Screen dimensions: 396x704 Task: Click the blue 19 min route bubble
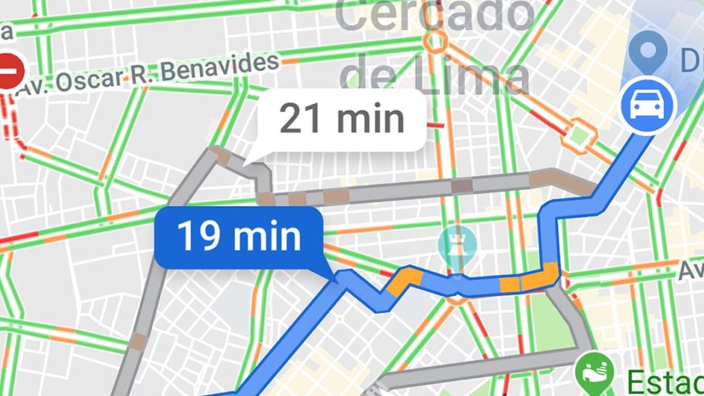(239, 237)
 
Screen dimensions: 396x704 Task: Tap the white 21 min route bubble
(342, 120)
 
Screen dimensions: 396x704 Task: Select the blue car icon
(648, 105)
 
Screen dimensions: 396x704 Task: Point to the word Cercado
(433, 16)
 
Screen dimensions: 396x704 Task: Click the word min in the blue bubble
(269, 237)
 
